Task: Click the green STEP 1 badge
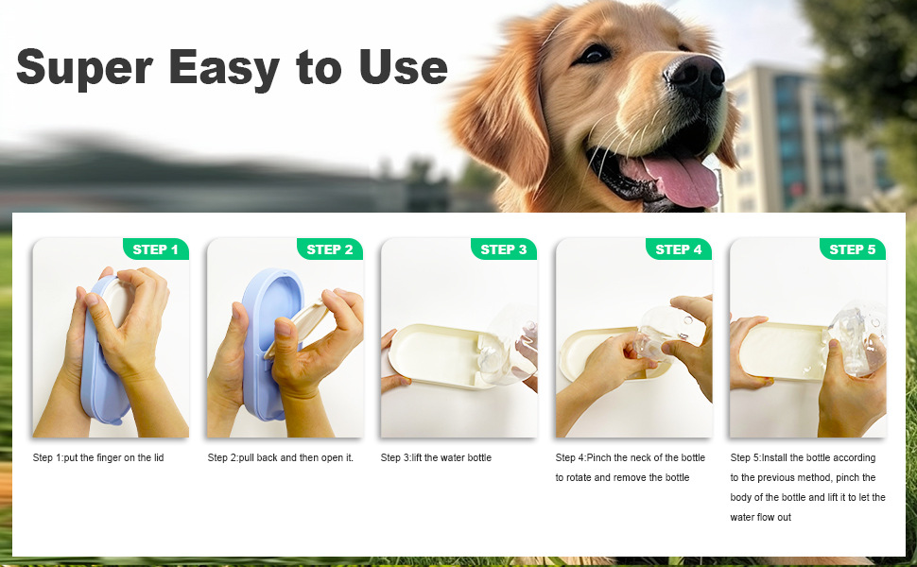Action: [x=156, y=249]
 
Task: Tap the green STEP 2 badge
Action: [x=330, y=249]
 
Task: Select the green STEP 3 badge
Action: [x=504, y=249]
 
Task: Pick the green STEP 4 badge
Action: [x=678, y=249]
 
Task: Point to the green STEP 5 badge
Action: [x=853, y=249]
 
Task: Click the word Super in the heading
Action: [x=83, y=68]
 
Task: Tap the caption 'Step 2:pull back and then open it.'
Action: [x=281, y=458]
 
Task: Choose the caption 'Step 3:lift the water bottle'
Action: [x=436, y=458]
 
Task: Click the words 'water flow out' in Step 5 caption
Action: [x=761, y=518]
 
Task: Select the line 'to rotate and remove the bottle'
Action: [x=622, y=478]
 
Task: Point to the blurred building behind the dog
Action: [x=804, y=142]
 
